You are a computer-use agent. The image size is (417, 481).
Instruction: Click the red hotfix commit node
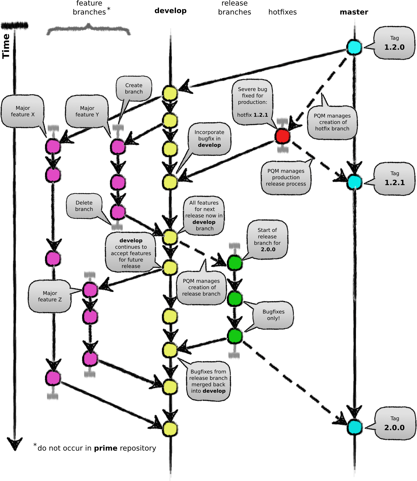click(x=282, y=136)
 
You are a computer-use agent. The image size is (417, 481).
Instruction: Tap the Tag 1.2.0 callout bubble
click(x=394, y=43)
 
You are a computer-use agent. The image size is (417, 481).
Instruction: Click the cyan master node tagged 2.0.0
click(x=355, y=427)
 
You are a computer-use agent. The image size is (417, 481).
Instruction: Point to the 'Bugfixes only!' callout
click(x=273, y=315)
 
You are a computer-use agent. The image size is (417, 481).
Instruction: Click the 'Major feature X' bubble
click(x=23, y=111)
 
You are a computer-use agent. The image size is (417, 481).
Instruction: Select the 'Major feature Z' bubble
click(x=50, y=296)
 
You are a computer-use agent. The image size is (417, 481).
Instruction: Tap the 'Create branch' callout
click(x=134, y=89)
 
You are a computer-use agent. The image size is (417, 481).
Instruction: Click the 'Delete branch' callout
click(x=84, y=206)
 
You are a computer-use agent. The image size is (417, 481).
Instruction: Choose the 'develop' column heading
click(x=170, y=11)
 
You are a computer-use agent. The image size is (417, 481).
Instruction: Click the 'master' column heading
click(x=354, y=12)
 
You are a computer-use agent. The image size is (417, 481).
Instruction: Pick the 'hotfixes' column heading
click(x=282, y=12)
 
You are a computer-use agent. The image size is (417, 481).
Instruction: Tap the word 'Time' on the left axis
click(x=6, y=46)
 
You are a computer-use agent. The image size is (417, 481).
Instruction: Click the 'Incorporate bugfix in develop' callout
click(x=209, y=139)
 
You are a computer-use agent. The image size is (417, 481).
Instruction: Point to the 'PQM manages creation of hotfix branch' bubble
click(x=332, y=122)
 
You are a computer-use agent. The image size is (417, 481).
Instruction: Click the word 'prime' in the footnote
click(x=106, y=448)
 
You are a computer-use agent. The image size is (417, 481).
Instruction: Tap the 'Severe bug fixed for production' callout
click(x=252, y=102)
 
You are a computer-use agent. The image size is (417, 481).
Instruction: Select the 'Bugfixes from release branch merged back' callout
click(x=208, y=381)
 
